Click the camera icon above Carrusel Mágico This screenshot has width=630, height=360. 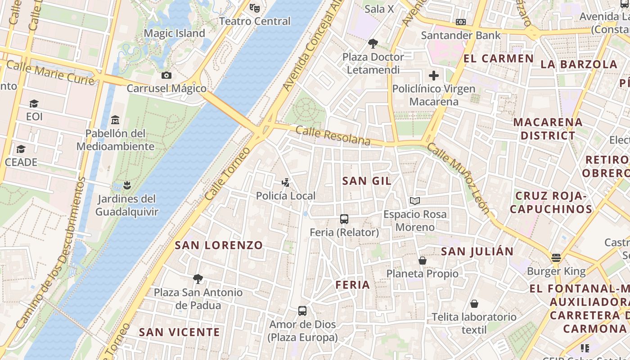(166, 75)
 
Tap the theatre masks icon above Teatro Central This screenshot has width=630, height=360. (255, 8)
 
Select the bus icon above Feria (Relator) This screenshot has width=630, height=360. (344, 219)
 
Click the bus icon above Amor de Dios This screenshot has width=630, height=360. (302, 311)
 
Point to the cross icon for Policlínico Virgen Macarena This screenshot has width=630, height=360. (434, 76)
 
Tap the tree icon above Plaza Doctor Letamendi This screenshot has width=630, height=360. (373, 44)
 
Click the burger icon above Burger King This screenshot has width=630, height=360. (556, 258)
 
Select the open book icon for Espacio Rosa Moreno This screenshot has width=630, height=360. (415, 201)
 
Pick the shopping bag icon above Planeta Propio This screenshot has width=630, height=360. (423, 260)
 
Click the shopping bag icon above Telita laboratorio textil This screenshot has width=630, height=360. (474, 304)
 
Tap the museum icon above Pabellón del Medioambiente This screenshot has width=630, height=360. (115, 120)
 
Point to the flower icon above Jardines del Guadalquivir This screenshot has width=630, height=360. (127, 185)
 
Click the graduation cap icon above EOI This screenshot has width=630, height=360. (34, 104)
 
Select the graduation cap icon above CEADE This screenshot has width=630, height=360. (21, 149)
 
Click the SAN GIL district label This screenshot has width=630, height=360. (367, 181)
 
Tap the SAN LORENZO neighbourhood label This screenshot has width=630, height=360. (219, 245)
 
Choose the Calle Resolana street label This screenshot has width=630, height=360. (333, 136)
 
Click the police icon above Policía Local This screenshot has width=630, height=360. (285, 183)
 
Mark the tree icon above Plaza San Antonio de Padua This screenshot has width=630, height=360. (198, 279)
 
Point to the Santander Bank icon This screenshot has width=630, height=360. (461, 22)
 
